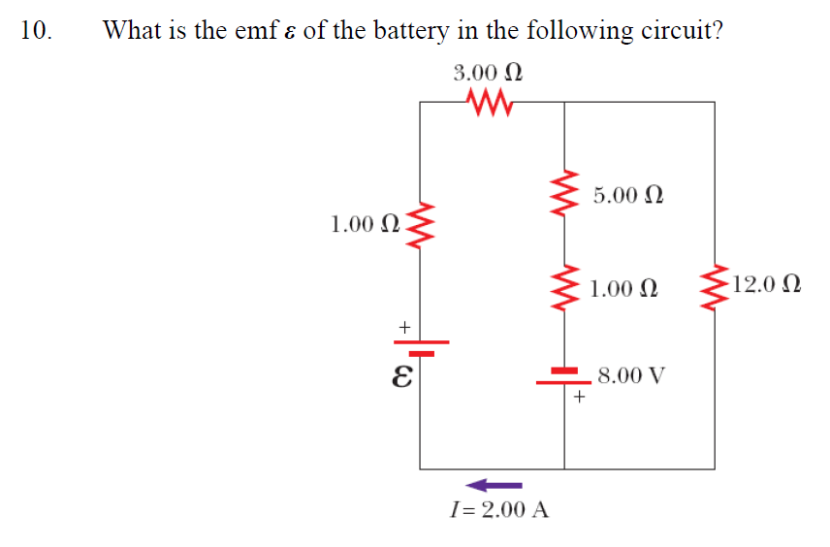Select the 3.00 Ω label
(x=489, y=73)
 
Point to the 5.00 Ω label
(x=628, y=195)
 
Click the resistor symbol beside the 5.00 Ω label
(x=564, y=194)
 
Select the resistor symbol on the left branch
(x=419, y=228)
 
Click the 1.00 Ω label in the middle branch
(x=623, y=288)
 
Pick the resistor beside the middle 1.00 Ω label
(x=564, y=287)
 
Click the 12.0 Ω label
(x=767, y=285)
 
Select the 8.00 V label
(x=631, y=375)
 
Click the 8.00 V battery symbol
(x=564, y=375)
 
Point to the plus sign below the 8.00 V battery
(x=579, y=397)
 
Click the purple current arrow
(x=494, y=484)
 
